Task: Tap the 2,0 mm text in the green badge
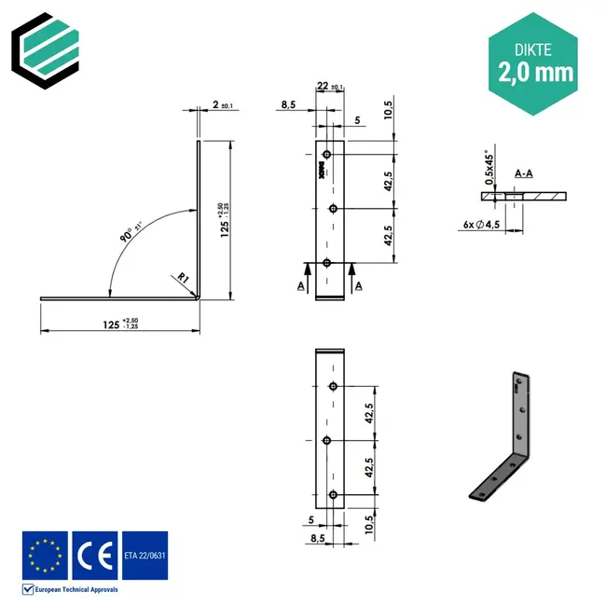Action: [536, 71]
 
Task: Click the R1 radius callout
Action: [184, 278]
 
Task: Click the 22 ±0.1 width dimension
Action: [330, 87]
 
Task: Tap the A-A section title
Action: [524, 173]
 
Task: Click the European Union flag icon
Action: [45, 554]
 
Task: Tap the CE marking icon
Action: [94, 554]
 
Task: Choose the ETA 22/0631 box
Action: [145, 554]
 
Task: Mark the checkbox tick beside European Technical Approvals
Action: [27, 588]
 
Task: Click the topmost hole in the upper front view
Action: [327, 155]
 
